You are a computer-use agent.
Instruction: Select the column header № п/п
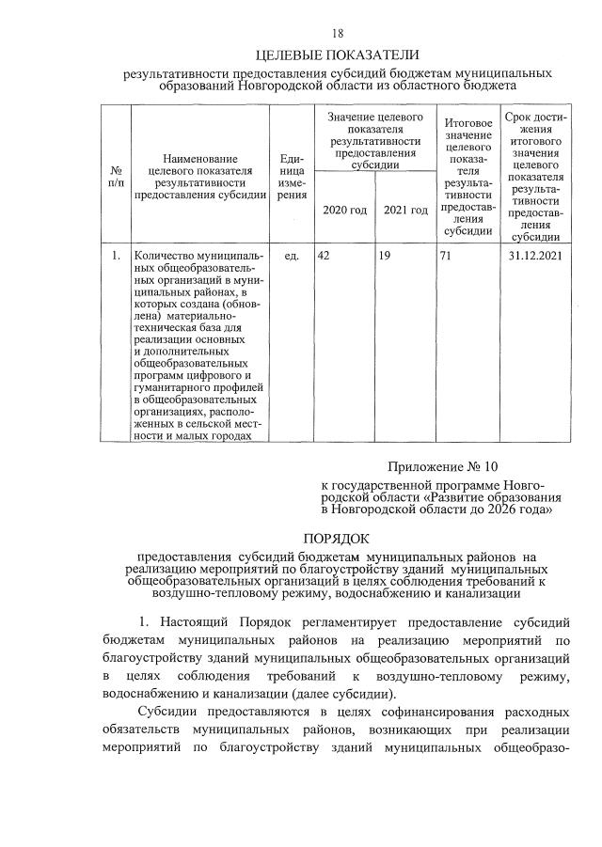tap(117, 176)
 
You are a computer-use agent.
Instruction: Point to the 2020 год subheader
tap(344, 209)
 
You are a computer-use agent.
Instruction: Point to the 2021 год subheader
tap(406, 209)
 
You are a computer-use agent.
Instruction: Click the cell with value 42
tap(324, 256)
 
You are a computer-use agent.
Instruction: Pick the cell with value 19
tap(386, 256)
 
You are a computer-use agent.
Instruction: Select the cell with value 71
tap(446, 256)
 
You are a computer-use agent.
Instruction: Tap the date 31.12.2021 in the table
tap(534, 256)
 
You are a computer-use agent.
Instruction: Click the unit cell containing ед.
tap(292, 256)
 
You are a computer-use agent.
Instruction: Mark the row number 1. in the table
tap(116, 256)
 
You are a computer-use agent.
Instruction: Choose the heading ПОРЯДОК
tap(336, 538)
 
